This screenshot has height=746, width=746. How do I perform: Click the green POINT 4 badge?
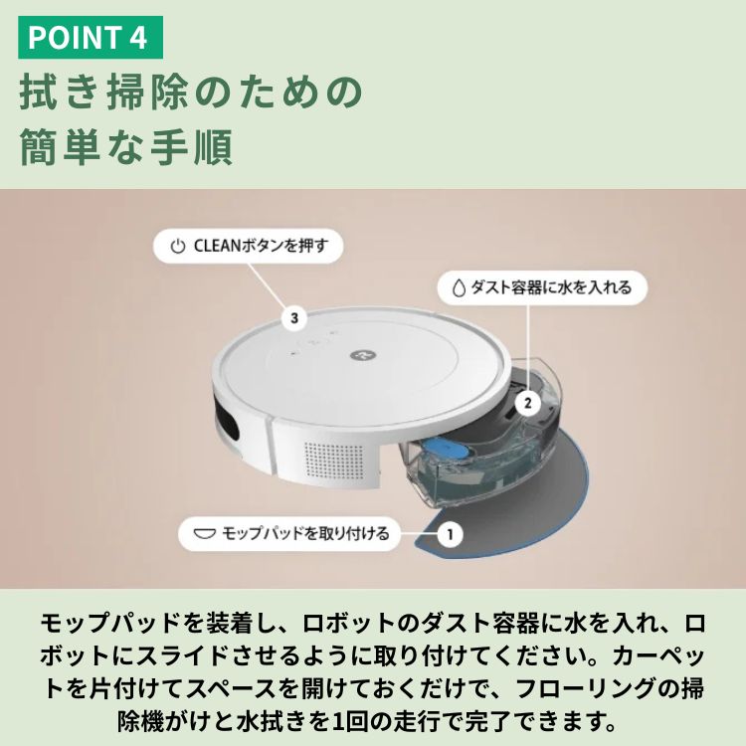click(x=91, y=37)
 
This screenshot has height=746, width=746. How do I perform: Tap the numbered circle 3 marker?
click(x=294, y=318)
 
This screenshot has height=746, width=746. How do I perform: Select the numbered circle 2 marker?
click(x=527, y=403)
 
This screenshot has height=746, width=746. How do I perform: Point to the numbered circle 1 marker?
click(x=450, y=534)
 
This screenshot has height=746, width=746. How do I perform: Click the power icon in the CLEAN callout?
click(x=177, y=247)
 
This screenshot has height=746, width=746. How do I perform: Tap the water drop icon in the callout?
click(x=459, y=287)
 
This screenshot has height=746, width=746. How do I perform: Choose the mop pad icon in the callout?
click(x=205, y=534)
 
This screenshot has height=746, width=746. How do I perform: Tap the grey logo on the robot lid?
click(x=360, y=354)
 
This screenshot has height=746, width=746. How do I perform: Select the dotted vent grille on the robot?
click(x=333, y=459)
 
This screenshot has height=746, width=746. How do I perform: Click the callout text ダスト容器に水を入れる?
click(x=551, y=287)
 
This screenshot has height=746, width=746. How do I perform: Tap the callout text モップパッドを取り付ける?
click(x=305, y=534)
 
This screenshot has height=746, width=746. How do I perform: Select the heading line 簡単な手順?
click(x=126, y=146)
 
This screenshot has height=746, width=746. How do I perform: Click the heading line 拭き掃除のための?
click(x=191, y=91)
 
